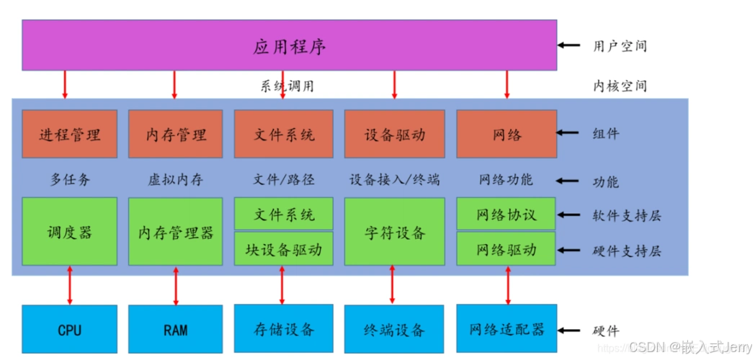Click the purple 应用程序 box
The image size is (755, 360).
(289, 45)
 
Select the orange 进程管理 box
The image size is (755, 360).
(69, 134)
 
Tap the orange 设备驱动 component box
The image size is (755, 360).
(394, 134)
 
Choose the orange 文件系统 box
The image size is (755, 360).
(284, 134)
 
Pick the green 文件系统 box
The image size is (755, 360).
(284, 214)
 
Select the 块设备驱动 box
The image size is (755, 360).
(284, 250)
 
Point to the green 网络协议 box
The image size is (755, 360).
(506, 215)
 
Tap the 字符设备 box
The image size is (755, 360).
(394, 232)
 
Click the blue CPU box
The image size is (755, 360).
(69, 330)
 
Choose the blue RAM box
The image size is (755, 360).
(175, 330)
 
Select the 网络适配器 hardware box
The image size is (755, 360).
(506, 330)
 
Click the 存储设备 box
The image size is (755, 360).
(284, 330)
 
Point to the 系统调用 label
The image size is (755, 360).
(287, 86)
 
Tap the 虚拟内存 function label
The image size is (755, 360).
(175, 180)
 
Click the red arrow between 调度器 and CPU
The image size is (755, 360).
(70, 285)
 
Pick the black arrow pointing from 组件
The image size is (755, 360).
(569, 133)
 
